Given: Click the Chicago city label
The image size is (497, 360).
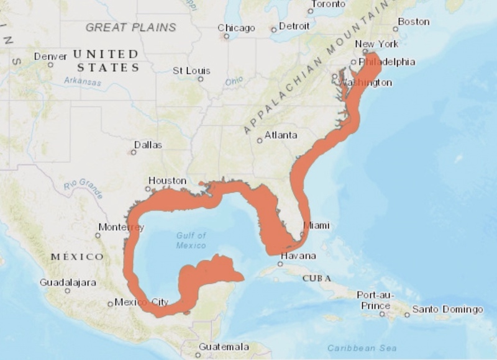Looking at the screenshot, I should coord(236,28).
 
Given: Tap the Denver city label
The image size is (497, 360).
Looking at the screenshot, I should coord(50,56).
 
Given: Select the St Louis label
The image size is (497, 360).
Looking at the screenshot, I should coord(191,71).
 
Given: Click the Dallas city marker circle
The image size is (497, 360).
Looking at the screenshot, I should coord(132,152).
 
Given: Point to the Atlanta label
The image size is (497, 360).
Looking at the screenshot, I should coord(281,135).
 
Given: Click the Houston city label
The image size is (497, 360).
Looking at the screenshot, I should coord(167,181).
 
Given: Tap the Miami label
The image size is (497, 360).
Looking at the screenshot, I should coord(316,225).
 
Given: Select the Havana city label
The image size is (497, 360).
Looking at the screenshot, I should coord(298,256).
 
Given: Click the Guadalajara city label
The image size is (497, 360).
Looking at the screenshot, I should coord(68,282).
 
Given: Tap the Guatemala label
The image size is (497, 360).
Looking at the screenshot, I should coord(224,346).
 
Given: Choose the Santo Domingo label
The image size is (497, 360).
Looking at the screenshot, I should coord(447,309).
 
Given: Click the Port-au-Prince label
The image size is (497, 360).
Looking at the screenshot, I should coord(376,300).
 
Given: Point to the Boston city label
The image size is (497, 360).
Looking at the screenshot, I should coord(413,22).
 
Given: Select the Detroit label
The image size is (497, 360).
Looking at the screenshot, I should coord(294,27).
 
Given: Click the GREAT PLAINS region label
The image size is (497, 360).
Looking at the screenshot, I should coord(130,27).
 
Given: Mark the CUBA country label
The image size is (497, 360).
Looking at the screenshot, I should coord(316,278).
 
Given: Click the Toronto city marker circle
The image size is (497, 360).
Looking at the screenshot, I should coord(311,11).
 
